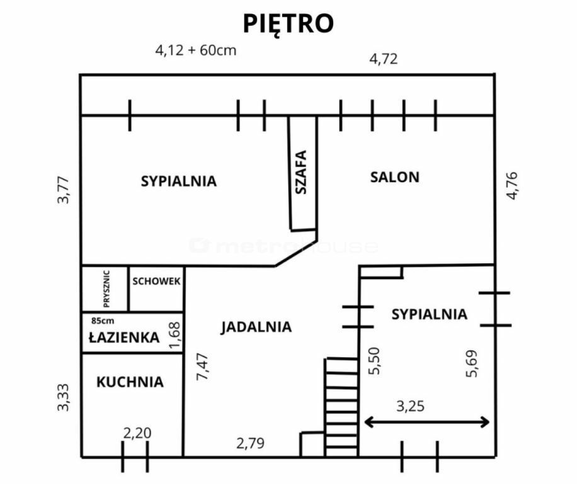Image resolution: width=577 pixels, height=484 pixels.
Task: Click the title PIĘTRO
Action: click(288, 24)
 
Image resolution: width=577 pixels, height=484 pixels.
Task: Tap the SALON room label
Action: click(394, 178)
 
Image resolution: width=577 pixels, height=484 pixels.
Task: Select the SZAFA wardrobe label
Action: click(301, 172)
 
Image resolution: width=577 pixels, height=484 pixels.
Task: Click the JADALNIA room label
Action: click(256, 327)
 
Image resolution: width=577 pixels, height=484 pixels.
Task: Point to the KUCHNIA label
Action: click(130, 382)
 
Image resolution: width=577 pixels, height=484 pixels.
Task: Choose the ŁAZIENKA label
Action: click(124, 337)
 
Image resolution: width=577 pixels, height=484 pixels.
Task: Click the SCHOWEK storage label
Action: click(156, 281)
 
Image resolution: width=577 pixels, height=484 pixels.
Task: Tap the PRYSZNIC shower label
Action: click(106, 289)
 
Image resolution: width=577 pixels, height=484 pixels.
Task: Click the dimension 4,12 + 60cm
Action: click(196, 50)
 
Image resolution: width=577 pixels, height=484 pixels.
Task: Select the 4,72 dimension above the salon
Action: click(384, 59)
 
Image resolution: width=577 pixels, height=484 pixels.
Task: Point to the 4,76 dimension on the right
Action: click(512, 186)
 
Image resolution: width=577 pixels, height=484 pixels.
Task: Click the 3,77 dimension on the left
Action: click(63, 190)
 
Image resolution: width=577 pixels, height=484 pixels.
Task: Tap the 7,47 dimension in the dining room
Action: click(202, 367)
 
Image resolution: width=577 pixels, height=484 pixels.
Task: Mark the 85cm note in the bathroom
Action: click(103, 321)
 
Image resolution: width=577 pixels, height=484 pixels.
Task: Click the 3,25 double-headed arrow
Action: click(426, 422)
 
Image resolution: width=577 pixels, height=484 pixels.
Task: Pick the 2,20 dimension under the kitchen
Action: click(137, 433)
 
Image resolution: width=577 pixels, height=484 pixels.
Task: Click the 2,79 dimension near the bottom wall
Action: click(250, 443)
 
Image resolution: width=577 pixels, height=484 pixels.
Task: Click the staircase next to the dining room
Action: click(341, 407)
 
